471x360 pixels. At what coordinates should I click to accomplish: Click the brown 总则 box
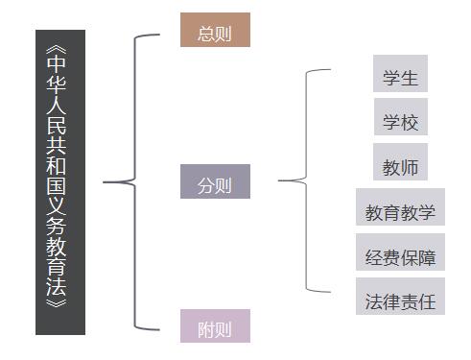[x=215, y=31]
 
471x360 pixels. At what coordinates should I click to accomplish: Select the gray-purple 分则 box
[x=215, y=182]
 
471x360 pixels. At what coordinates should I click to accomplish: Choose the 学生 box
[x=400, y=76]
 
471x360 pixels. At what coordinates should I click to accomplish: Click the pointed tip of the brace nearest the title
[x=105, y=181]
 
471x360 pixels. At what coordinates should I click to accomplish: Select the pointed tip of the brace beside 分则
[x=280, y=180]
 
